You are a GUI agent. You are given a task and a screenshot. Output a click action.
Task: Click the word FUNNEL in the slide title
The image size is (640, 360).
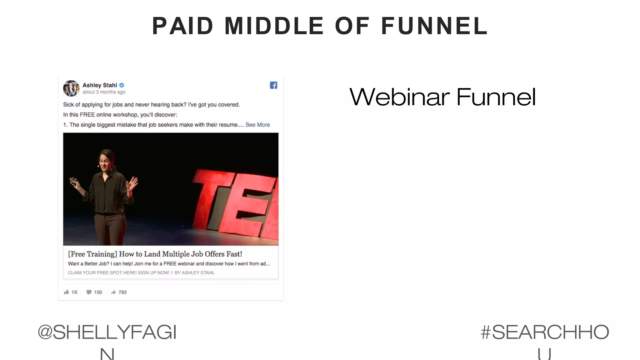[x=434, y=26]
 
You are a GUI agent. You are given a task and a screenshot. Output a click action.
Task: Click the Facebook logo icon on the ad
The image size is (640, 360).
[x=273, y=85]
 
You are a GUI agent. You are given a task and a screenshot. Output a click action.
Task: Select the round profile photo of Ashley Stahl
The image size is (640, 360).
[x=71, y=88]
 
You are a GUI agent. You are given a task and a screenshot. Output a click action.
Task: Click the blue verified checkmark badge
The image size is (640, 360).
[x=122, y=85]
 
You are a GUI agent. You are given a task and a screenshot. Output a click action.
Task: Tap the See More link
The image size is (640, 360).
[x=257, y=125]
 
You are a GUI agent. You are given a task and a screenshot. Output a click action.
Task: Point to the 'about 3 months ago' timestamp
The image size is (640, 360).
[x=104, y=92]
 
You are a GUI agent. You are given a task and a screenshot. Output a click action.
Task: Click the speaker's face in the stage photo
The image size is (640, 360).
[x=105, y=162]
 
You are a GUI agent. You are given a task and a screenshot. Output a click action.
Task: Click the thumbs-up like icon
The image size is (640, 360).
[x=66, y=292]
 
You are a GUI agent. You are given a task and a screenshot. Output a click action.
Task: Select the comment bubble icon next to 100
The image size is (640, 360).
[x=89, y=292]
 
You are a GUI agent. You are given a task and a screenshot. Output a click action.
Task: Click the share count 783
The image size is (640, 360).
[x=122, y=292]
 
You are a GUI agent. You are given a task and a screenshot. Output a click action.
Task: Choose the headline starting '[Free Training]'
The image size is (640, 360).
[x=155, y=254]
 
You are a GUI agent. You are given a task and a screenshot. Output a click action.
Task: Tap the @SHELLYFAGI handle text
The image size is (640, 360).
[x=107, y=332]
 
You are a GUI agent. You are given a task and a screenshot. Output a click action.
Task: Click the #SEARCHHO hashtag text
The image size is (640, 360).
[x=545, y=332]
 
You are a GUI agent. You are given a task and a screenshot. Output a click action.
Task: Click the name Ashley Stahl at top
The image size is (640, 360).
[x=100, y=85]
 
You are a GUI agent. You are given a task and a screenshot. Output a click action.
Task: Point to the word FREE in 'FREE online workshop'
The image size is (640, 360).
[x=87, y=115]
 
